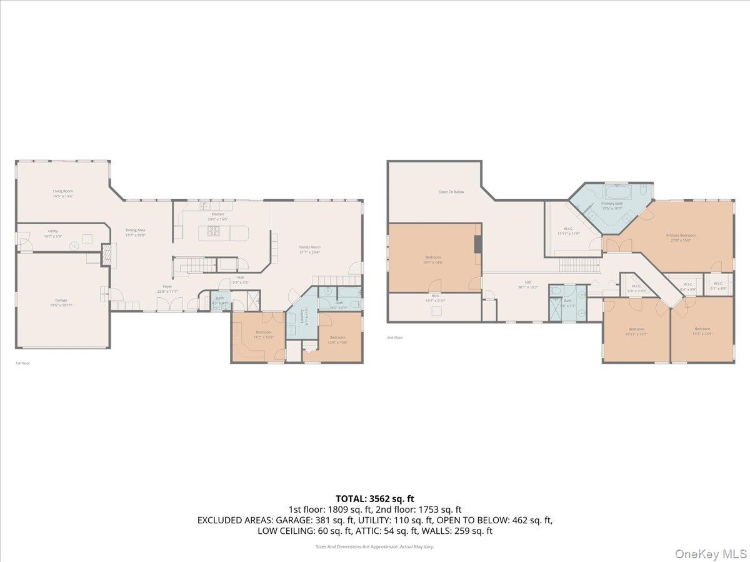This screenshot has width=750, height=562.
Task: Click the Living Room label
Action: pos(62,191)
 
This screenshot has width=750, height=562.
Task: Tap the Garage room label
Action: pos(61,300)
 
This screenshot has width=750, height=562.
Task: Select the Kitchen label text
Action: pos(217,214)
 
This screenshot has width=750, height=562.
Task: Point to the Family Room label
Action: pos(309,247)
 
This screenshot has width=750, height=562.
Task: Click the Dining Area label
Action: pos(136,230)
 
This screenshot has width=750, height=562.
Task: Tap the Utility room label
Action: pos(53,231)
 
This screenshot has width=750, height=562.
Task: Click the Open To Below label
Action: pos(451,192)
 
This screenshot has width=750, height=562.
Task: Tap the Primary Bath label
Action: pos(612,204)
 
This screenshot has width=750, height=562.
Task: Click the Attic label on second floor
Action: pos(435,295)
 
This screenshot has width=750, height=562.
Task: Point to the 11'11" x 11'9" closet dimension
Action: pos(569,234)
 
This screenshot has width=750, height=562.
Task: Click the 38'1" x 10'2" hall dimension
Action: pos(528,287)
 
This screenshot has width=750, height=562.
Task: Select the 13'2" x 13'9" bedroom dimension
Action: pos(702,333)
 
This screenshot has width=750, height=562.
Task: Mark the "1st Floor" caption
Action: pos(22,363)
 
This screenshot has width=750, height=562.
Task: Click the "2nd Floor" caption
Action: pos(394,338)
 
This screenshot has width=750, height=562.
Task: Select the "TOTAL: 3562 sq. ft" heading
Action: pos(375,498)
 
